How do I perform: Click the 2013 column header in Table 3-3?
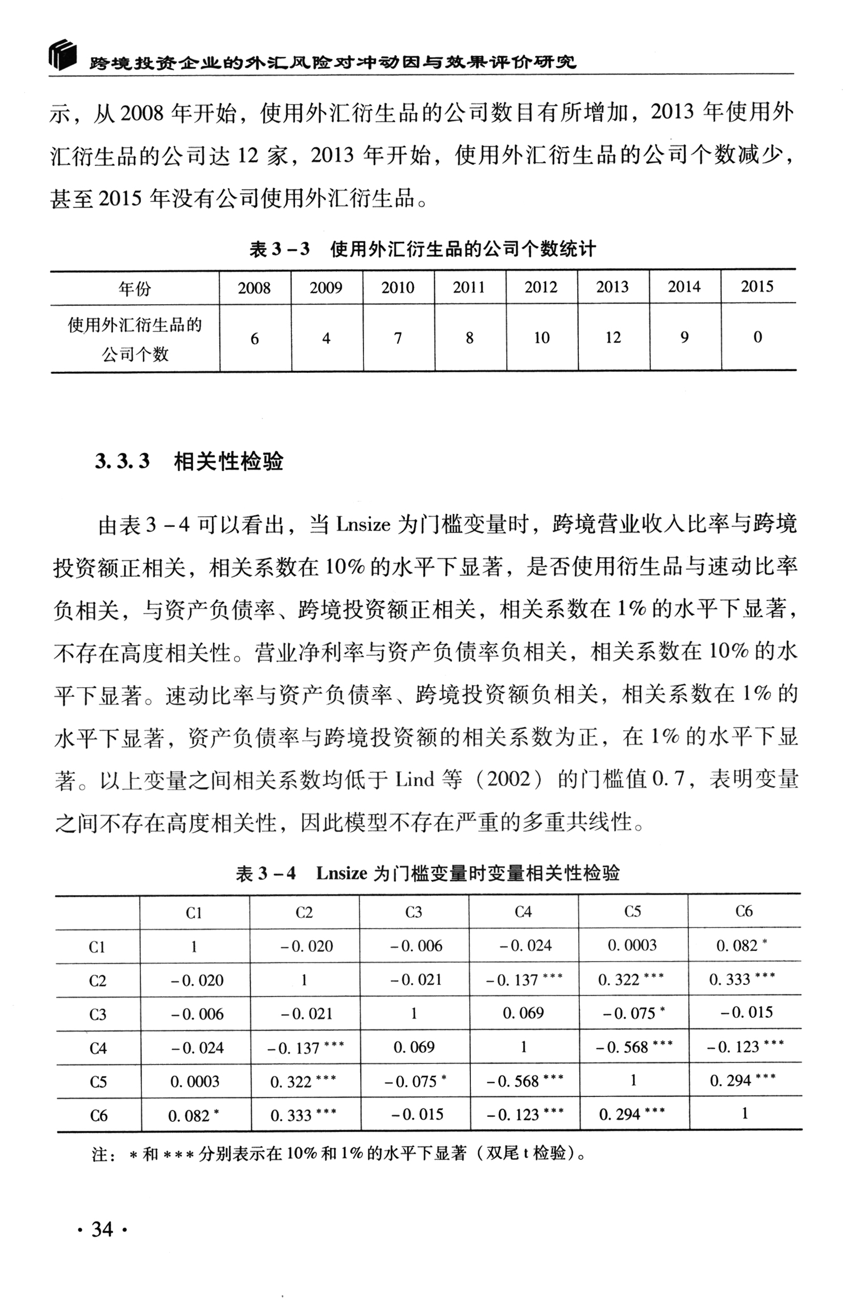tap(612, 287)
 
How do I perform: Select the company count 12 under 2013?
tap(613, 338)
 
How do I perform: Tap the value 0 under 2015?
tap(758, 337)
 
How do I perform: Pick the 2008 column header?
tap(254, 288)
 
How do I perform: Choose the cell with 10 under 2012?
tap(541, 338)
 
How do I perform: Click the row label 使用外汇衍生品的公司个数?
tap(135, 339)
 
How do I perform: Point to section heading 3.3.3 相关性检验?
tap(189, 461)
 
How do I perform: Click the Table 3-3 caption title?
tap(423, 249)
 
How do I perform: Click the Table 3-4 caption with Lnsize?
tap(427, 873)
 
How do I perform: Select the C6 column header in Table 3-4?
tap(744, 912)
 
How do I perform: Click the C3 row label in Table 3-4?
tap(98, 1014)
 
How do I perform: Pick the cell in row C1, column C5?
tap(632, 945)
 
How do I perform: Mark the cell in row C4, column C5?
tap(634, 1047)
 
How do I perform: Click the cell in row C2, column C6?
tap(742, 979)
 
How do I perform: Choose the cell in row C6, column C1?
tap(194, 1116)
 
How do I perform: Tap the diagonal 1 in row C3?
tap(414, 1013)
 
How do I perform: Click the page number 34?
tap(102, 1229)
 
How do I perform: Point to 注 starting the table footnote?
tap(100, 1154)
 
